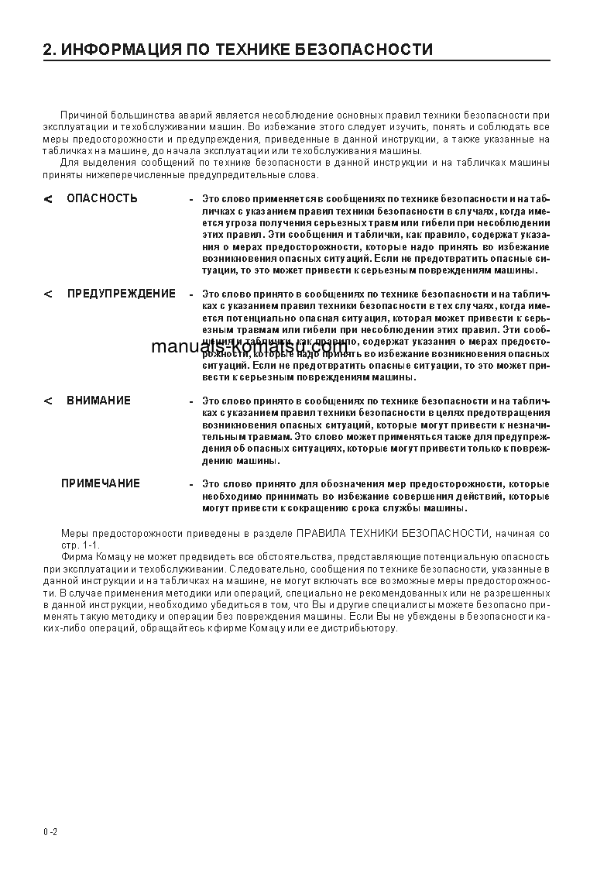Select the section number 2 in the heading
(x=47, y=50)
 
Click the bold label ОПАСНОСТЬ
(x=102, y=198)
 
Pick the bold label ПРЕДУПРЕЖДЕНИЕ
(x=122, y=294)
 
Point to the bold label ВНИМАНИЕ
(x=98, y=401)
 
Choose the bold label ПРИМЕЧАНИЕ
(x=101, y=483)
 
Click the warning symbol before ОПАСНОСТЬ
(x=49, y=199)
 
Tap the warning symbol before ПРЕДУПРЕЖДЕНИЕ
(x=49, y=295)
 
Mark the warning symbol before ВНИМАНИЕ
(x=49, y=401)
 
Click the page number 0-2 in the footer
(x=51, y=831)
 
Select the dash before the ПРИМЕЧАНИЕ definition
(x=191, y=484)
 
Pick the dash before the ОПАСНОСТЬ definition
(x=191, y=199)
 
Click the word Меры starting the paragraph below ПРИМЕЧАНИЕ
(x=74, y=534)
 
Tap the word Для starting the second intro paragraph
(x=69, y=163)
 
